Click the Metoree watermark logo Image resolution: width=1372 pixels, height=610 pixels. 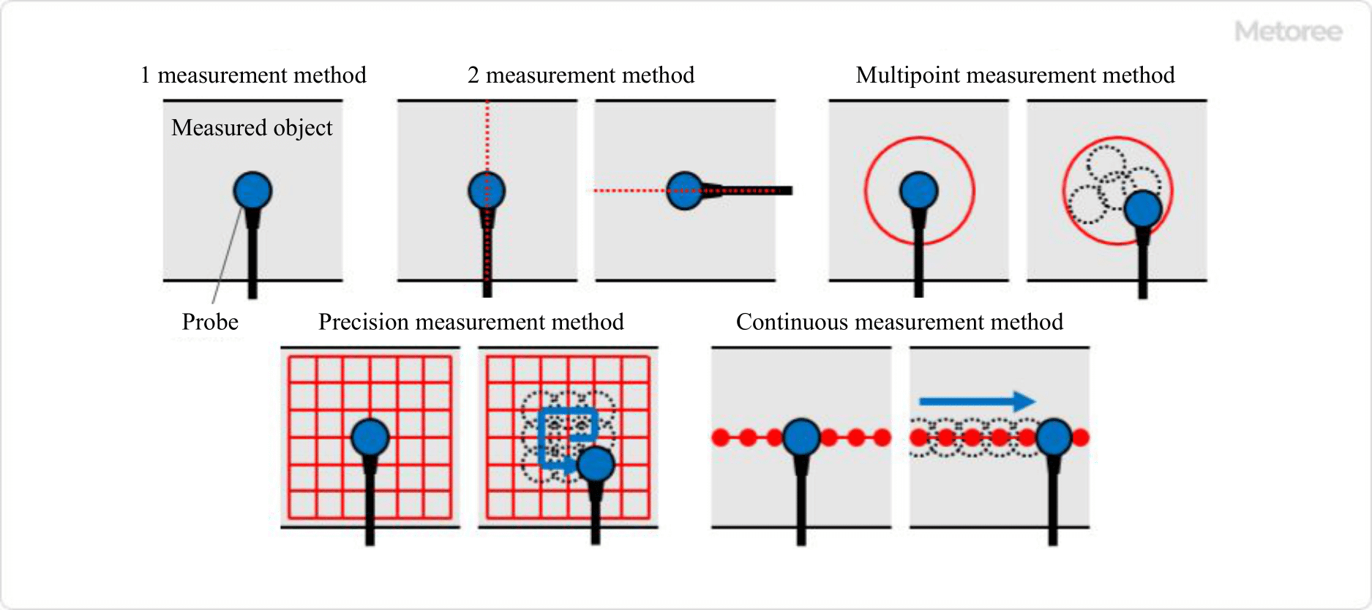tap(1288, 31)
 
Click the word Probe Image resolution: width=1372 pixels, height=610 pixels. tap(210, 322)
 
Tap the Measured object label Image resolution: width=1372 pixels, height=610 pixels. tap(252, 128)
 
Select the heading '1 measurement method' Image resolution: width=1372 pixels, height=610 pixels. tap(253, 75)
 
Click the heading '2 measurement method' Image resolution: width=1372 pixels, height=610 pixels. tap(581, 75)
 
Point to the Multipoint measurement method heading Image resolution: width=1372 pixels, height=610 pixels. tap(1015, 75)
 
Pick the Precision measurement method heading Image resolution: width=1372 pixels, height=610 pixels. tap(471, 322)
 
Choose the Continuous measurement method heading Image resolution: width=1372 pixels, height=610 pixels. tap(899, 322)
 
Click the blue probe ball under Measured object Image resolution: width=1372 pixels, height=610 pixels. tap(252, 191)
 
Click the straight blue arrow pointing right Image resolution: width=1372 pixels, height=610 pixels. tap(977, 401)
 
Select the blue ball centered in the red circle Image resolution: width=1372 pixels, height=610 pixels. tap(919, 191)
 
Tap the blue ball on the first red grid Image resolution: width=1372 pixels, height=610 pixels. tap(370, 437)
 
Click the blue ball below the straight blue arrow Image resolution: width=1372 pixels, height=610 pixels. tap(1054, 437)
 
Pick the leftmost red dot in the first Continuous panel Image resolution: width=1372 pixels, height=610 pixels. tap(721, 437)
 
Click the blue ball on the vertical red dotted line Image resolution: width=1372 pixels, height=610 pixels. tap(487, 191)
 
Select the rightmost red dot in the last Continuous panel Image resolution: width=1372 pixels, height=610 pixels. tap(1081, 437)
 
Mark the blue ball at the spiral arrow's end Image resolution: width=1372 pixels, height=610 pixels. tap(596, 464)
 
